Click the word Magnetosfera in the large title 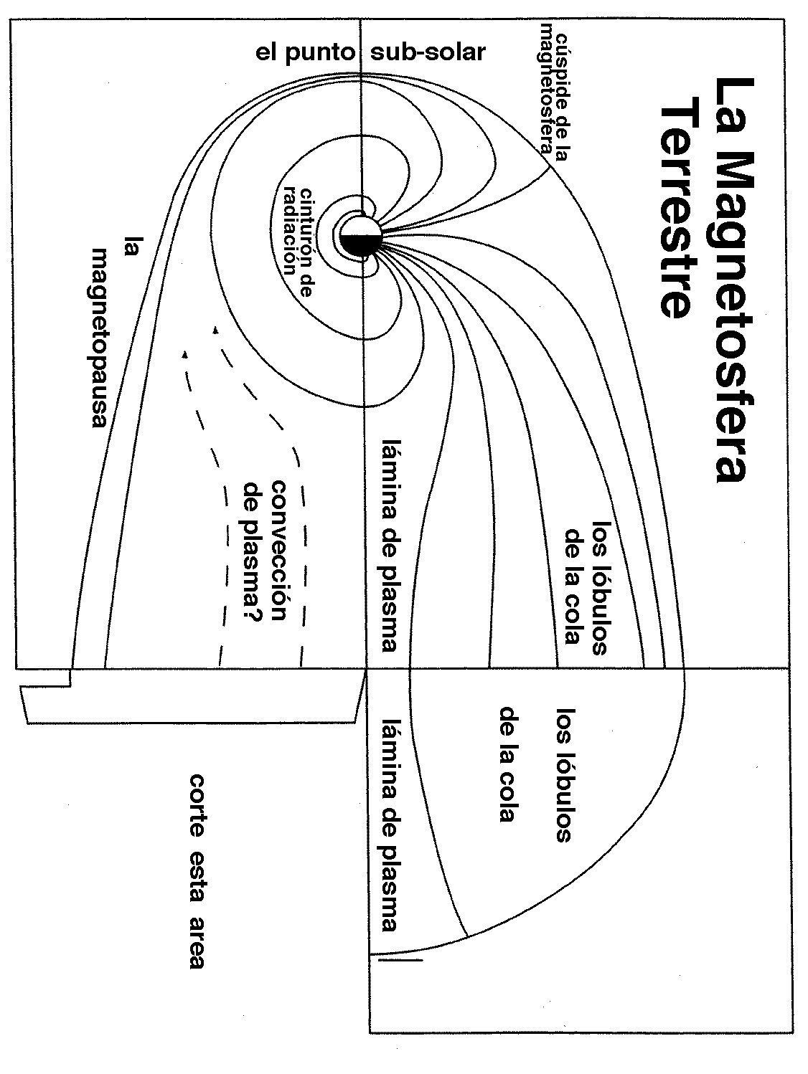point(731,323)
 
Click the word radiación point(290,228)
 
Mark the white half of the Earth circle point(360,226)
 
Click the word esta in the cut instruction point(197,870)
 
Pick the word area point(197,941)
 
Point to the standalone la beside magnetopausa point(131,247)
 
